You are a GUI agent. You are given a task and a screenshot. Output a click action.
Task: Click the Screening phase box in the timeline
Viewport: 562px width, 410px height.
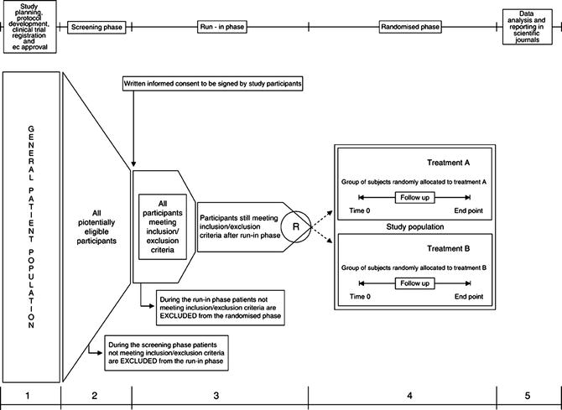tap(97, 27)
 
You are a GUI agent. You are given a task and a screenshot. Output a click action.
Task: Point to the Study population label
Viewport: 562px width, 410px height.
tap(414, 226)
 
